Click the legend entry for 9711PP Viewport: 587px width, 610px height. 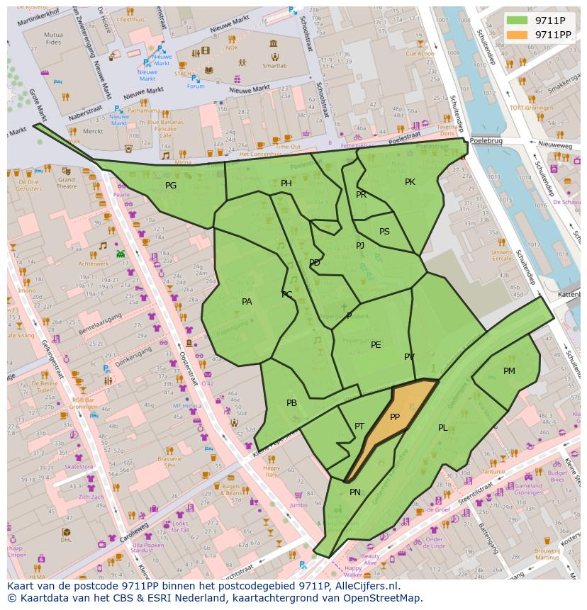coord(553,34)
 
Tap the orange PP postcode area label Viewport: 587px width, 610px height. coord(395,417)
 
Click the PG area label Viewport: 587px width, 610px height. coord(171,186)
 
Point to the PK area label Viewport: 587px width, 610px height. coord(410,182)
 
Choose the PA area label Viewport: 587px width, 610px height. coord(247,302)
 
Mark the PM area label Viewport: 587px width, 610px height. coord(509,371)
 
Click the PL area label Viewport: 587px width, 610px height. coord(442,428)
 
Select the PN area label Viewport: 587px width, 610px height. coord(355,492)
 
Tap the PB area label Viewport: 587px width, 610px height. coord(291,403)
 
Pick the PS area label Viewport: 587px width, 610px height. coord(384,232)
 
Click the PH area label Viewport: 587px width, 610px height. coord(286,183)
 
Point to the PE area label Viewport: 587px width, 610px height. coord(376,345)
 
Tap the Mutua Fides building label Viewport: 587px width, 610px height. coord(53,38)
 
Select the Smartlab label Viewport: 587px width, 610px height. coord(274,64)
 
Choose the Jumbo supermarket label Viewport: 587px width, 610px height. coord(299,505)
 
